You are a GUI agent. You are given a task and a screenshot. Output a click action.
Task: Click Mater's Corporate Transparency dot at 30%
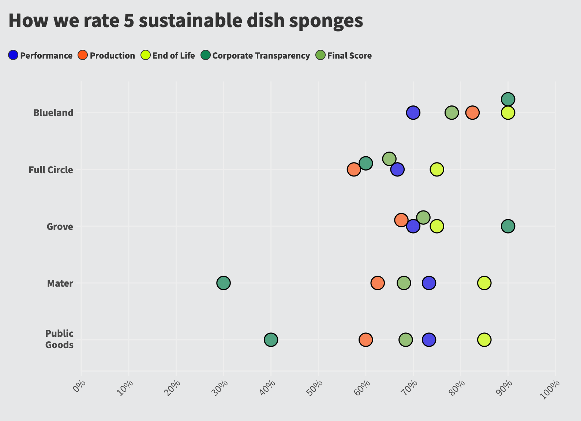223,283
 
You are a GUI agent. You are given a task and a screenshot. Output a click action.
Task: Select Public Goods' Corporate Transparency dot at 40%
271,340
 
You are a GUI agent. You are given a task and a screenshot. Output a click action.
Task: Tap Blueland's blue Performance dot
413,112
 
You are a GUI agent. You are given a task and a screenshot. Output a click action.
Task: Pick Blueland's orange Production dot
472,112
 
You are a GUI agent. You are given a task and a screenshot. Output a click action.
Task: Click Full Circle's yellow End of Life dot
437,169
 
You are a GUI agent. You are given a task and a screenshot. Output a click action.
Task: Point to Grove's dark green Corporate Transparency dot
508,226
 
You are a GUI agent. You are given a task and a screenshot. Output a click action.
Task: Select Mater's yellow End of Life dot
484,283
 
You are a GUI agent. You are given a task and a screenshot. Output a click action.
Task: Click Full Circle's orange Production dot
353,169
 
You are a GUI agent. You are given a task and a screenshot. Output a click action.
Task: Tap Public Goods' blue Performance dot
429,340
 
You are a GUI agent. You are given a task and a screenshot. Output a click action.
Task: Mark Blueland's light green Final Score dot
451,112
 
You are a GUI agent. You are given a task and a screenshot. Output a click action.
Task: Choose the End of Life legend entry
168,56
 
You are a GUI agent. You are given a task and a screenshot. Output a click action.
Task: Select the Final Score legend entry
344,56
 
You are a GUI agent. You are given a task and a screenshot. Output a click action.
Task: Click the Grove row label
60,227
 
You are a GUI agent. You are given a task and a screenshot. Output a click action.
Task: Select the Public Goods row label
59,339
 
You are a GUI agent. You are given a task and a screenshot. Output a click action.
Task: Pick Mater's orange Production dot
377,283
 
